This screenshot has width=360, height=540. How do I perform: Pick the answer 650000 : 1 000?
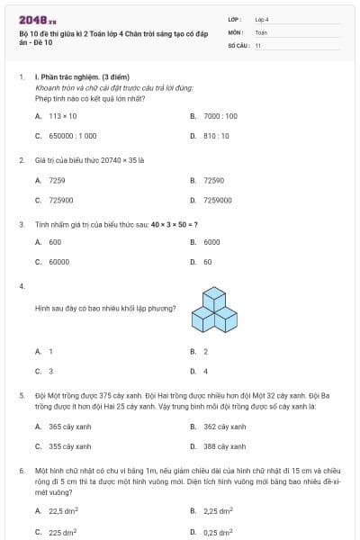click(x=72, y=136)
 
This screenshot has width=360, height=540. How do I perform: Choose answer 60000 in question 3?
click(x=58, y=262)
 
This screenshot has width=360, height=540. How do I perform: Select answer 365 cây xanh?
click(x=67, y=427)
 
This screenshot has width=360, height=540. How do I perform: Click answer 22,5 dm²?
click(x=63, y=512)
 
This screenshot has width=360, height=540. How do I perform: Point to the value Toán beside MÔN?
click(x=261, y=31)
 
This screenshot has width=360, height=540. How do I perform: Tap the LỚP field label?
click(x=235, y=18)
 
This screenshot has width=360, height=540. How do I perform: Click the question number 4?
click(x=21, y=285)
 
